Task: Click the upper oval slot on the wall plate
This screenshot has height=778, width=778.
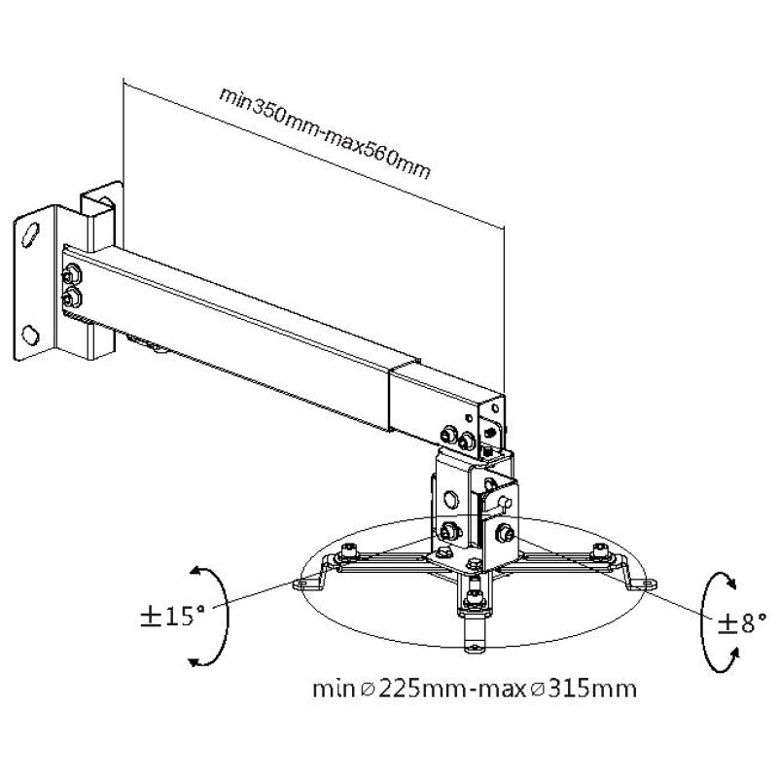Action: click(x=33, y=233)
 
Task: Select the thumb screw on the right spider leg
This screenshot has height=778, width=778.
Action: click(x=600, y=554)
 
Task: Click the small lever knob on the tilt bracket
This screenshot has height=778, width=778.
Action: click(x=506, y=501)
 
